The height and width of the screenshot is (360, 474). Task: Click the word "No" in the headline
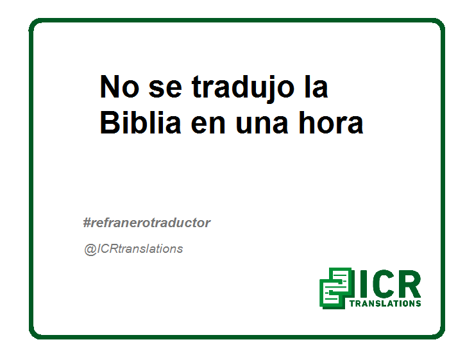[119, 87]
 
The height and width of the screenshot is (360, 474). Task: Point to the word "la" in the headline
[316, 86]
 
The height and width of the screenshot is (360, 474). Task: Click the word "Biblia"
[140, 122]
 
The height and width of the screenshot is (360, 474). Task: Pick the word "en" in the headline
[208, 124]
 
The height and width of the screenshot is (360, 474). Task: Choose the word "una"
[262, 124]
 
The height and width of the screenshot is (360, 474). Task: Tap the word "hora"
[331, 122]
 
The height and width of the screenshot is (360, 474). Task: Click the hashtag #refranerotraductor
[147, 223]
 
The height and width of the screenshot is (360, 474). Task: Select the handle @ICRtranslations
[133, 249]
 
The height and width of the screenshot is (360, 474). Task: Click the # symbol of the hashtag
[87, 223]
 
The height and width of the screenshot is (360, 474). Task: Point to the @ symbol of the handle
[90, 250]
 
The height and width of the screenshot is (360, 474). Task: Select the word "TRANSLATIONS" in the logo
[385, 303]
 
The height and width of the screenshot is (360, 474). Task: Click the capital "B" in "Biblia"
[109, 122]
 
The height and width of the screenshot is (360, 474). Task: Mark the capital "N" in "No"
[110, 87]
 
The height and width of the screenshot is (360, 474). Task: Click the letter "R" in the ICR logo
[410, 284]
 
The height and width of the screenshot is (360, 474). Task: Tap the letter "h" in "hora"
[307, 122]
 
